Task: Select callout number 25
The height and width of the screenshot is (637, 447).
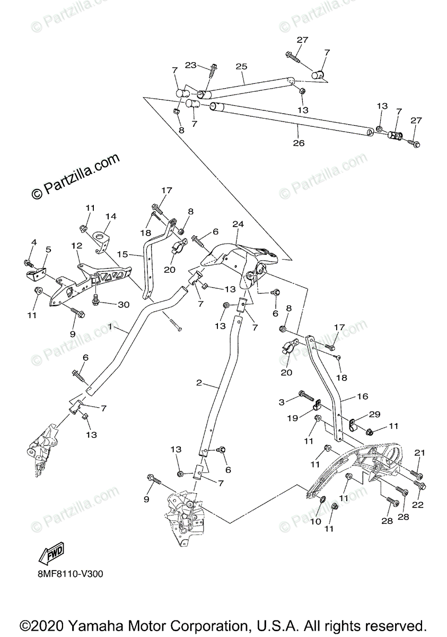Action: pyautogui.click(x=241, y=66)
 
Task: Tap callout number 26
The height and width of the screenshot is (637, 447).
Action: pyautogui.click(x=299, y=143)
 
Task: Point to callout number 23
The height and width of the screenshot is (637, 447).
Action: pyautogui.click(x=191, y=65)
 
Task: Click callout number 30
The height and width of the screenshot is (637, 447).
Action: pyautogui.click(x=124, y=304)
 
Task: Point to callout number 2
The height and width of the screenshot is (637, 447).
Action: pyautogui.click(x=199, y=383)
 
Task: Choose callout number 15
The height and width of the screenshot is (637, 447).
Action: pyautogui.click(x=123, y=255)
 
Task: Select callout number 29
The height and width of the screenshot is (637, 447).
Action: pyautogui.click(x=375, y=414)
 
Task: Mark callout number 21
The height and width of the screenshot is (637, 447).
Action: pyautogui.click(x=420, y=452)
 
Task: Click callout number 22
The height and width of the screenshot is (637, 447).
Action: pyautogui.click(x=418, y=505)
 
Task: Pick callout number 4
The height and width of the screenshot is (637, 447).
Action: pyautogui.click(x=34, y=243)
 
